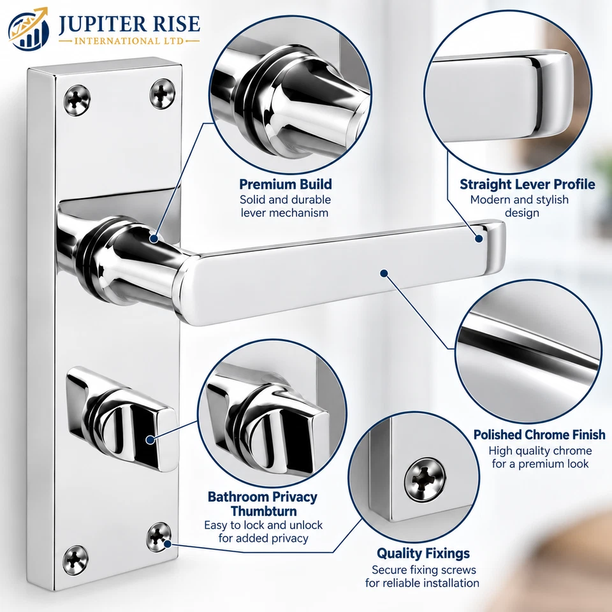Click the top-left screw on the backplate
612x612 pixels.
click(77, 101)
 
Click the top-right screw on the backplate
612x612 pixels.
click(163, 93)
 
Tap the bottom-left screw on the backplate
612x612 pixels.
click(75, 560)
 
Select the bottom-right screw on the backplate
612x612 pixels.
click(159, 537)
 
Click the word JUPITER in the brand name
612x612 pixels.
click(101, 24)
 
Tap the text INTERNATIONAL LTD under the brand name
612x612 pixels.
click(129, 41)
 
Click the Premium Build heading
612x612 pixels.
click(286, 184)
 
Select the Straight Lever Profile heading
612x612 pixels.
click(527, 184)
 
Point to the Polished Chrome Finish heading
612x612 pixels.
click(539, 435)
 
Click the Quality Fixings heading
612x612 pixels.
click(423, 553)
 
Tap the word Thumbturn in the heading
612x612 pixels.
click(264, 511)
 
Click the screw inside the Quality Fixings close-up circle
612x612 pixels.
click(425, 479)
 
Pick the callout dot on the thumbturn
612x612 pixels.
click(150, 440)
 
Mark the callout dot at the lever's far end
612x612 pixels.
click(479, 238)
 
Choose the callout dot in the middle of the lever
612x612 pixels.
click(384, 273)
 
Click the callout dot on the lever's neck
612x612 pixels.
click(154, 238)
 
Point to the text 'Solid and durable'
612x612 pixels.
click(286, 200)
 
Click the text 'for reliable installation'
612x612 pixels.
click(422, 583)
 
